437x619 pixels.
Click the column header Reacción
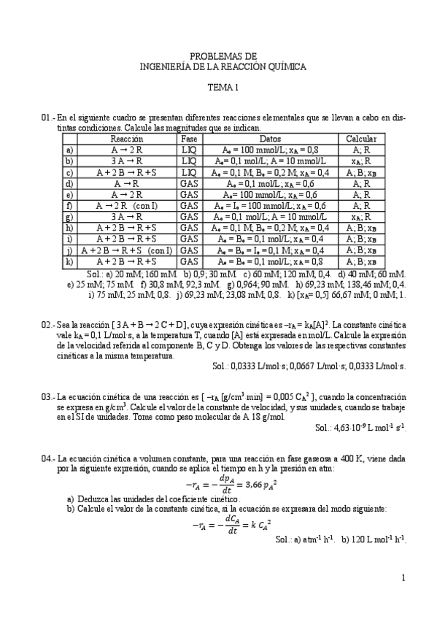[x=127, y=139]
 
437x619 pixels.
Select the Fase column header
[x=189, y=139]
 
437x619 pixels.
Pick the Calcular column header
[x=361, y=139]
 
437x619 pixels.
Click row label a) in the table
[x=69, y=150]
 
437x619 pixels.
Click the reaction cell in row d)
[x=127, y=184]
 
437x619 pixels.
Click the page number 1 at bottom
[x=403, y=578]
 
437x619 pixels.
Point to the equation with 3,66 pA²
[x=223, y=483]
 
